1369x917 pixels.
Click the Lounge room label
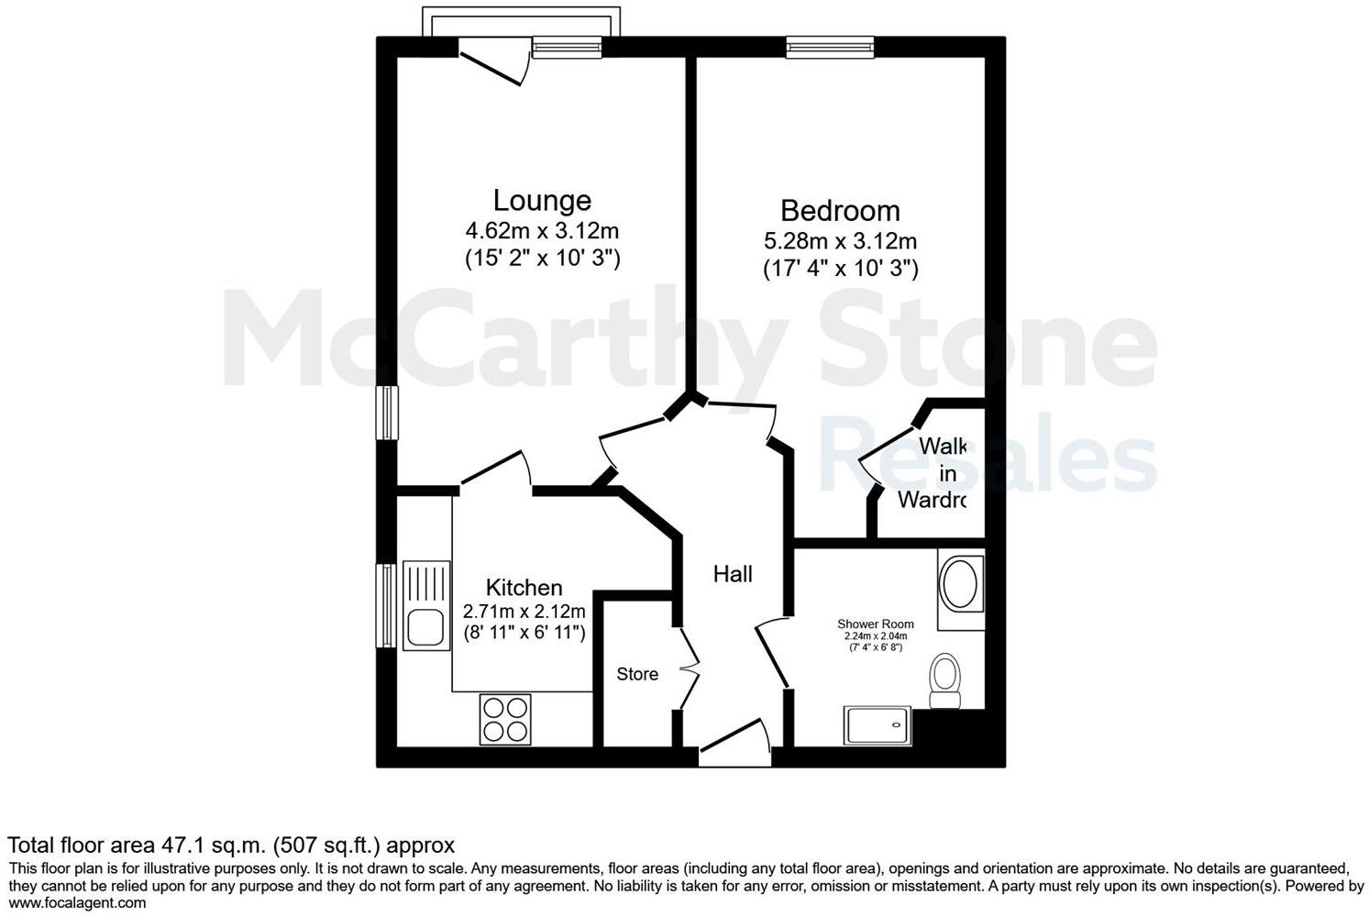542,200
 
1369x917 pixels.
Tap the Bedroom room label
840,210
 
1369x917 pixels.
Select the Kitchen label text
524,587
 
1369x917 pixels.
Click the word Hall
733,574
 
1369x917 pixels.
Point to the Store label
637,674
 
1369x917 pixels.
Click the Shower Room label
875,624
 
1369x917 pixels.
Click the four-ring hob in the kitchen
505,720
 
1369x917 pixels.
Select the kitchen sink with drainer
426,605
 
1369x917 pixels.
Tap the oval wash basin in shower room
960,585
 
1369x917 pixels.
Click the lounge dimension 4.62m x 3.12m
542,231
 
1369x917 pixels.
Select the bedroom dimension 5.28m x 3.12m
840,241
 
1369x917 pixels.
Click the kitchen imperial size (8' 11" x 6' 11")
524,632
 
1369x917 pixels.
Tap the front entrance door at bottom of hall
734,745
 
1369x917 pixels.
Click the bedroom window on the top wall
830,47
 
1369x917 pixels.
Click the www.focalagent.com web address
77,903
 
